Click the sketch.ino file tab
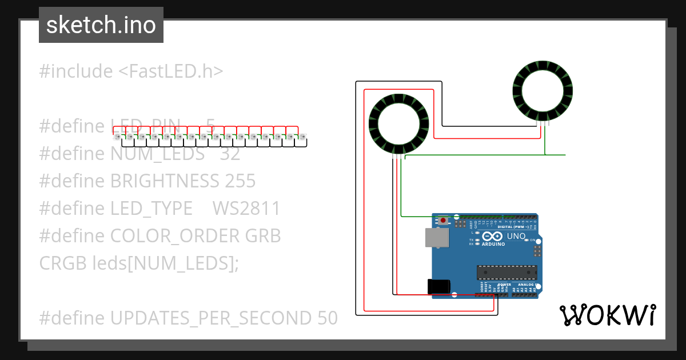(x=101, y=25)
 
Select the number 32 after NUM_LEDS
(x=230, y=154)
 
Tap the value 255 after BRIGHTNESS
(x=240, y=181)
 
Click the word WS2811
(x=246, y=209)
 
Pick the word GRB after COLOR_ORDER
(x=262, y=236)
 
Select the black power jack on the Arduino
(x=438, y=286)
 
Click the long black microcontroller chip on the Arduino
(x=507, y=273)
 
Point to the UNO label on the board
(x=516, y=236)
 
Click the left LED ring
(x=398, y=123)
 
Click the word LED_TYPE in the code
(x=151, y=209)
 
